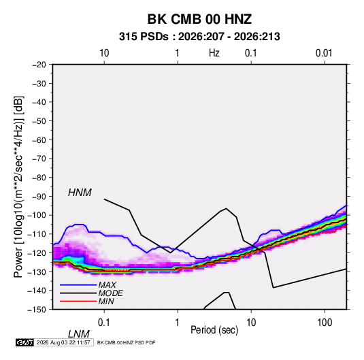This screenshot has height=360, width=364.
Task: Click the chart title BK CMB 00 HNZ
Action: (199, 19)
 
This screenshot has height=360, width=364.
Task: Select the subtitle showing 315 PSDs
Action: (199, 37)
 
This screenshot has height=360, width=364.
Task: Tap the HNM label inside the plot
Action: (80, 193)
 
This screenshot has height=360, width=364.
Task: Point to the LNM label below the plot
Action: (79, 334)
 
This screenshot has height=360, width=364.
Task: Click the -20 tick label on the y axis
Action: (39, 65)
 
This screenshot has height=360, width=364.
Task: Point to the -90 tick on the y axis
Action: (39, 197)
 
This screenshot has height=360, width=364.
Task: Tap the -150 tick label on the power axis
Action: (37, 310)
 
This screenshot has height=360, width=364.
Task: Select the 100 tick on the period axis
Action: (325, 323)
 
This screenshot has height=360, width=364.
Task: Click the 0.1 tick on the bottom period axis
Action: (104, 323)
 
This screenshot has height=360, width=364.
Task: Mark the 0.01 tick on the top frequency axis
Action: (324, 53)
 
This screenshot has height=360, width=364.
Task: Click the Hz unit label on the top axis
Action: (214, 53)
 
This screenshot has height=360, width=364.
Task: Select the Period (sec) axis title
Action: (214, 330)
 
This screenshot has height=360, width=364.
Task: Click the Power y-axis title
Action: (18, 186)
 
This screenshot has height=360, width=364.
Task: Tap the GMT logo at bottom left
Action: (25, 342)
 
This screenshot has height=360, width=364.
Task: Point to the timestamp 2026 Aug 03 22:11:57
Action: (63, 342)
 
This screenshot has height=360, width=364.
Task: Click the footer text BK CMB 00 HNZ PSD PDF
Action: (126, 342)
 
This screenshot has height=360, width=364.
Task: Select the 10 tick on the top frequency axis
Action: (104, 53)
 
